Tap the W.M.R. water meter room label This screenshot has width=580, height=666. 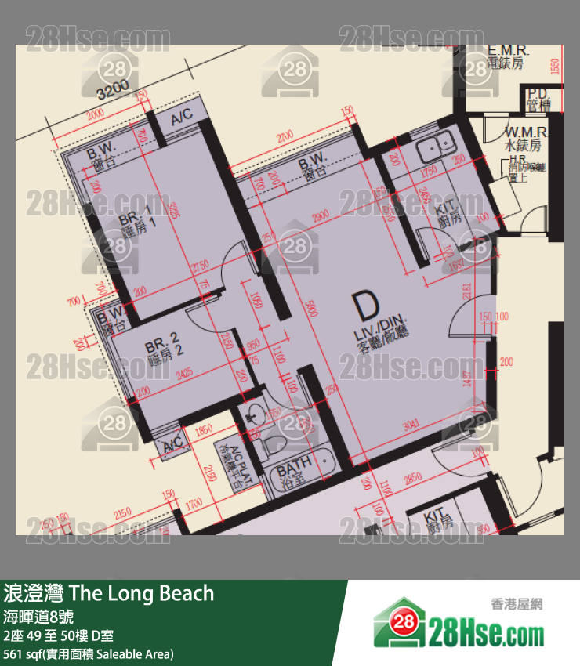click(524, 139)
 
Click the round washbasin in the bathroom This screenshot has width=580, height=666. click(256, 413)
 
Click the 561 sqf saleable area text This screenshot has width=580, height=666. click(89, 653)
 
